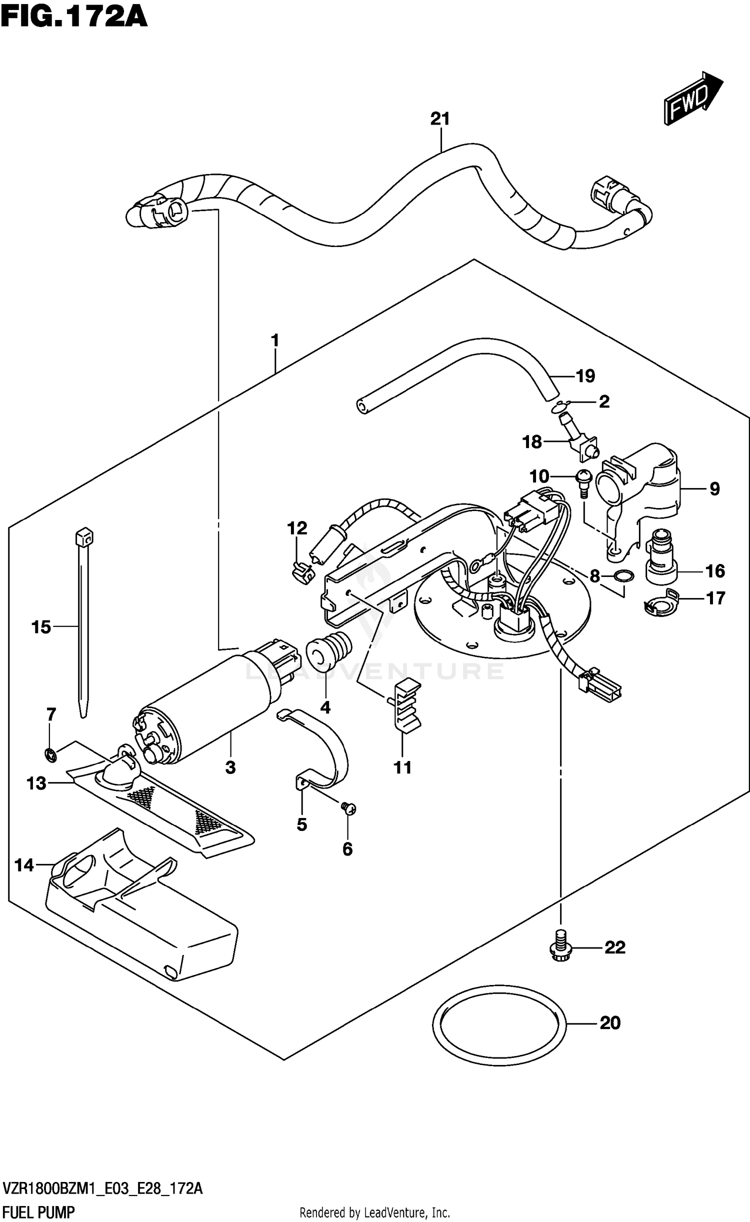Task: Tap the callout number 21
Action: (x=440, y=119)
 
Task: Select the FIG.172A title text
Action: (x=74, y=16)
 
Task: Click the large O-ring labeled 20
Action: (x=498, y=1023)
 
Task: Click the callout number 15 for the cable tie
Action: (x=41, y=626)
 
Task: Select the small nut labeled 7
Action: (x=50, y=756)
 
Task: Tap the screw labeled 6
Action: (x=348, y=807)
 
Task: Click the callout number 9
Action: (x=714, y=488)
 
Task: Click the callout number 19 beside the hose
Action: (x=585, y=375)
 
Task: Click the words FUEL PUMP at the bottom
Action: (x=38, y=1212)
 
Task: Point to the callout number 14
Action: (x=24, y=865)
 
